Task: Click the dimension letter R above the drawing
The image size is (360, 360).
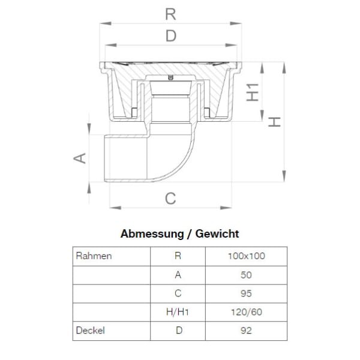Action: click(171, 14)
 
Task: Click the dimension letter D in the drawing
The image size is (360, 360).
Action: click(171, 37)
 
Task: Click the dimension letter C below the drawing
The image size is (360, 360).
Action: click(171, 199)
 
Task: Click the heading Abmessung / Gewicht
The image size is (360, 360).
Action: click(180, 233)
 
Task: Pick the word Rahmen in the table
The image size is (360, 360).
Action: click(94, 256)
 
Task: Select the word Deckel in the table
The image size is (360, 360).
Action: click(91, 330)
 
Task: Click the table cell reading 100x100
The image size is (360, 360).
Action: click(247, 256)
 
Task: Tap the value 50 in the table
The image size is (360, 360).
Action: click(247, 275)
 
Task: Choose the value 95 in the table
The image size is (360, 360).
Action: click(247, 293)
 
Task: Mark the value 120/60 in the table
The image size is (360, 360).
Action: click(247, 312)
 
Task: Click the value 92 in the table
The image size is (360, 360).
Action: click(247, 330)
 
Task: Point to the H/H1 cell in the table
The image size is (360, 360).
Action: click(178, 312)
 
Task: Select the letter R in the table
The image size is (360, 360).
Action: click(178, 256)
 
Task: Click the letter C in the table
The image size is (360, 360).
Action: click(178, 293)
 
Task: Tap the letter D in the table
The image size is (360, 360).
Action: click(178, 330)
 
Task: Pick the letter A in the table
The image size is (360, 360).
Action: click(178, 275)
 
